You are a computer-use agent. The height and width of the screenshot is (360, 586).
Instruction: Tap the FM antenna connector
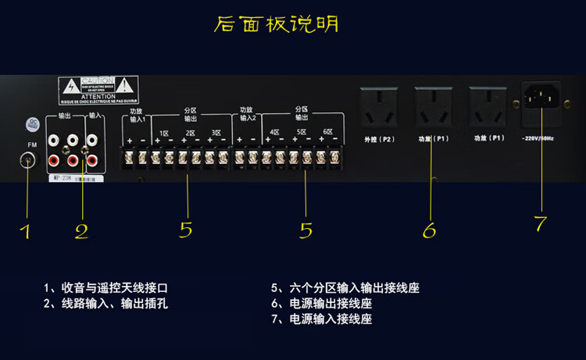coord(29,160)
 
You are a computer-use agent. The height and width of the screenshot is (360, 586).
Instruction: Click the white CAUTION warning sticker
coord(98,91)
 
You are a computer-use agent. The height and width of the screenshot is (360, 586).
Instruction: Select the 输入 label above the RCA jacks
coord(93,116)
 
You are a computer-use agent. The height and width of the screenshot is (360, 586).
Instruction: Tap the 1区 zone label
coord(164,134)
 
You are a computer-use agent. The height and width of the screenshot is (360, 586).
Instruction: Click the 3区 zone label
coord(215,134)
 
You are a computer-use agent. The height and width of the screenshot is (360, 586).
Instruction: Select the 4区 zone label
coord(274,134)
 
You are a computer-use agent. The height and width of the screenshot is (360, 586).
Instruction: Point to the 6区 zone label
coord(327,134)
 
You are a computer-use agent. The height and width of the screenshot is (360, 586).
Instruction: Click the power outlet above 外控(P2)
coord(379,106)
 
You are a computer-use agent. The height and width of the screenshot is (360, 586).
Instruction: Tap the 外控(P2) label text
coord(379,139)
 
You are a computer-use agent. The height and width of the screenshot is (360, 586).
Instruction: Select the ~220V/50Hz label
coord(538,139)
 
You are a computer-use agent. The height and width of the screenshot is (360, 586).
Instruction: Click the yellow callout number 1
coord(26,231)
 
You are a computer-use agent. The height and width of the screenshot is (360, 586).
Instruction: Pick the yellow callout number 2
coord(81,231)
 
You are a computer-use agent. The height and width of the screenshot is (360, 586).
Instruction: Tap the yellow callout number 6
coord(429,230)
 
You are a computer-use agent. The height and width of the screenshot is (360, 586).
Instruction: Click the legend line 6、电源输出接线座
coord(320,304)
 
